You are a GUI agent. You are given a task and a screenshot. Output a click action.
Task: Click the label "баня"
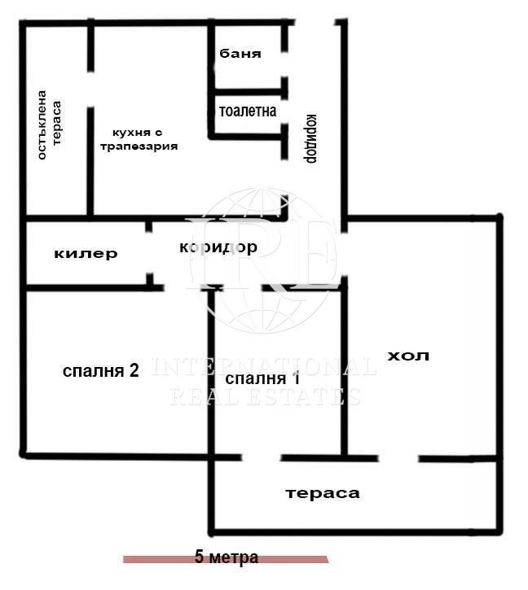(x=240, y=55)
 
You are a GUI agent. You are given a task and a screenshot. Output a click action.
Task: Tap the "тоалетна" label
(x=248, y=111)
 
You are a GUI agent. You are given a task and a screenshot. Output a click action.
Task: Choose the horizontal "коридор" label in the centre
(x=218, y=247)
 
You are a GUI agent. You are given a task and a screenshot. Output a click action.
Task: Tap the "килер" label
(x=86, y=254)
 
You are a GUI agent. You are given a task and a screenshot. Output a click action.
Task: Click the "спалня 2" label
(x=101, y=371)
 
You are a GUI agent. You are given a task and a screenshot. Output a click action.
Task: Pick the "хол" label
(x=407, y=356)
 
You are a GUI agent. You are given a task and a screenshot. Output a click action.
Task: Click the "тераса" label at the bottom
(x=322, y=493)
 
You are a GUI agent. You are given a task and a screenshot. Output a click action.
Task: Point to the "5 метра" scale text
(x=227, y=557)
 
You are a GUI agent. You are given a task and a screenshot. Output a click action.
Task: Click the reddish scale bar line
(x=155, y=560)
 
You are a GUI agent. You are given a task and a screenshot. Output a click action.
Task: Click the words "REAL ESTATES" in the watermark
(x=265, y=397)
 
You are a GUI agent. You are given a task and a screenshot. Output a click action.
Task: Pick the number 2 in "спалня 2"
(x=133, y=371)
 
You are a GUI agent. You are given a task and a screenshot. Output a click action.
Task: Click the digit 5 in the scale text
(x=199, y=557)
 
